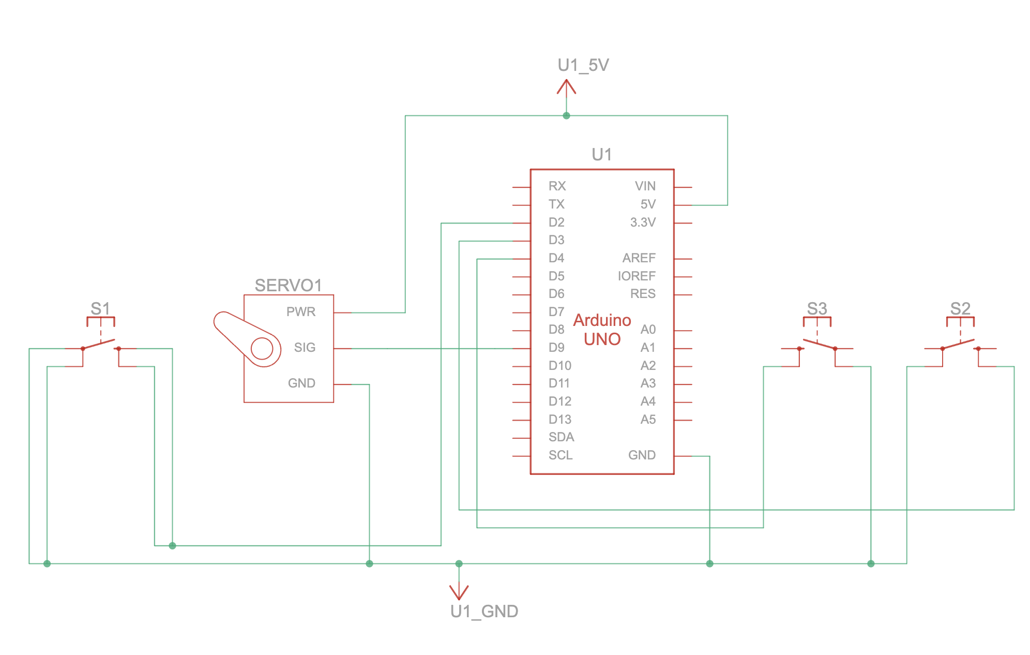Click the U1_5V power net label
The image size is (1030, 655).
coord(583,65)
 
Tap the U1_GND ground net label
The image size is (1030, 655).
coord(484,611)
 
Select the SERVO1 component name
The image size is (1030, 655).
coord(289,285)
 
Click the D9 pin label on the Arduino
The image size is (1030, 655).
coord(556,348)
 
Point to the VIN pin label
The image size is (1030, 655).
coord(645,186)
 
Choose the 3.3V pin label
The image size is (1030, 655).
coord(643,222)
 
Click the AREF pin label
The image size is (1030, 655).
coord(639,258)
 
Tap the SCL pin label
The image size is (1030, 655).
coord(561,455)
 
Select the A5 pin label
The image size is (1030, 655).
coord(648,420)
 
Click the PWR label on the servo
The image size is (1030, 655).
coord(301,312)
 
